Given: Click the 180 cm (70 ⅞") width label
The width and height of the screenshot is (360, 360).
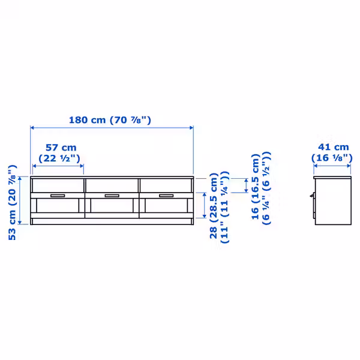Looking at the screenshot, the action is [110, 120].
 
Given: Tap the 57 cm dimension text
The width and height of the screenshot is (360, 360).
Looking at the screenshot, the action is [61, 148].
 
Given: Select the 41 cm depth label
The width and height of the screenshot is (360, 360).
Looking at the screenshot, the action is [334, 147].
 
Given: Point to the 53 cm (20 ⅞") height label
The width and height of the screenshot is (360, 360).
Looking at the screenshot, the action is [13, 203].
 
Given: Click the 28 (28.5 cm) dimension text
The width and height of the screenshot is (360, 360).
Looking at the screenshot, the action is [214, 206].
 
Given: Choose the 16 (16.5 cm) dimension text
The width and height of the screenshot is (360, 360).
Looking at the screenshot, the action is [256, 187].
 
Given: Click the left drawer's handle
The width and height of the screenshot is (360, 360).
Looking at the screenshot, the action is [58, 196].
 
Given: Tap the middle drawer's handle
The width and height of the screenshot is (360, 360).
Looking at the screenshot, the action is [112, 196].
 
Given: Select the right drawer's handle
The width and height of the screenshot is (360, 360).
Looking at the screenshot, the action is [166, 196].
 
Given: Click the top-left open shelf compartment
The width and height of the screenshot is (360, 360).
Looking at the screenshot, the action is [58, 185].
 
